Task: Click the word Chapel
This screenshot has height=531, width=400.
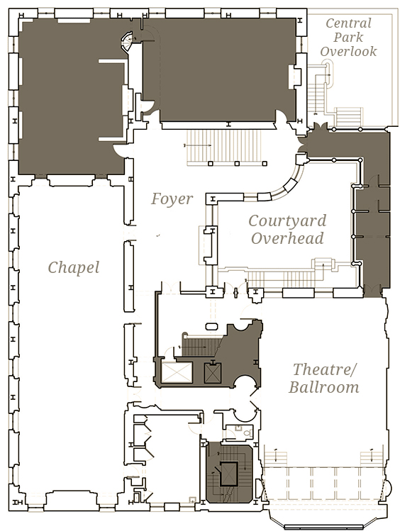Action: point(74,267)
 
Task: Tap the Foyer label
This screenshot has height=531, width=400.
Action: point(172,199)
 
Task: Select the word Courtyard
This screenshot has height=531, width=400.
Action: point(287,220)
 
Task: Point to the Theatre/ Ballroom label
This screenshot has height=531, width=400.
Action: point(324,378)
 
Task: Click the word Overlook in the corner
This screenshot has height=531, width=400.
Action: point(348,51)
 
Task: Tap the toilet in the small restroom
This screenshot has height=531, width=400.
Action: point(248,432)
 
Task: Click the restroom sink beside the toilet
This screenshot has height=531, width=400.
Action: point(238,428)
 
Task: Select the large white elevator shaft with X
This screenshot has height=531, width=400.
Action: point(177,372)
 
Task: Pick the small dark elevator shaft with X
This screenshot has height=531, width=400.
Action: point(213,373)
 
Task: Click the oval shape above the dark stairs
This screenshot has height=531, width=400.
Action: point(212,326)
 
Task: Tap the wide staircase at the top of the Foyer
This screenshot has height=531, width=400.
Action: point(226,147)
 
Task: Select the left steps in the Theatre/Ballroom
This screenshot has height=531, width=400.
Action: point(276,459)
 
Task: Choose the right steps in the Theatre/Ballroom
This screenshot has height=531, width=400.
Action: point(372,459)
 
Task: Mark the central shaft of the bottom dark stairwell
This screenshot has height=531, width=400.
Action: point(228,474)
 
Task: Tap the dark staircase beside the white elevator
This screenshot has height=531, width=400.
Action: point(202,346)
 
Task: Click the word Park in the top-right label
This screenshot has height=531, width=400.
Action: point(348,38)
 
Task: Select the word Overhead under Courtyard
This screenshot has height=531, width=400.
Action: point(287,238)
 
